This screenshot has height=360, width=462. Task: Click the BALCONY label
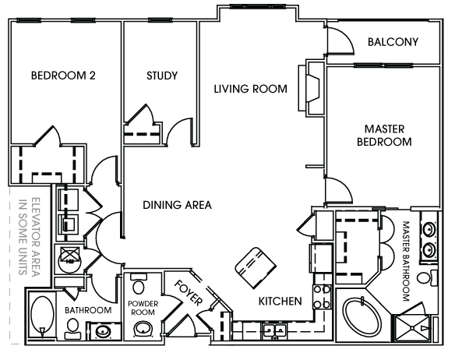coord(393,42)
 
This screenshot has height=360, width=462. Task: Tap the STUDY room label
coord(162,76)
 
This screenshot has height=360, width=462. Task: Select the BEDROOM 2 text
coord(63,76)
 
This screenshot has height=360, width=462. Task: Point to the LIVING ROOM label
coord(250,89)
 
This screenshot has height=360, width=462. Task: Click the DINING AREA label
coord(177,205)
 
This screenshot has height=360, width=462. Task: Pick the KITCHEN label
coord(280,301)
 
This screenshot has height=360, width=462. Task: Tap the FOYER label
coord(189,292)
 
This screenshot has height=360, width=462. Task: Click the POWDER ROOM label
coord(143,308)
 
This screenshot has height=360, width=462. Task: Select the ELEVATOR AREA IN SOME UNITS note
coord(29,237)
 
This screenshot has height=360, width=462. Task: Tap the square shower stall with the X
coord(412,329)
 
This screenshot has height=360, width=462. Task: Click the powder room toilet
coord(138,284)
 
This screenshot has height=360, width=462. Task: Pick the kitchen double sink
coord(274,330)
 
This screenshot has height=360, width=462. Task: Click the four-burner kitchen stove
coord(322,297)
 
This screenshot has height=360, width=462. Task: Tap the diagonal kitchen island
coord(256,268)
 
